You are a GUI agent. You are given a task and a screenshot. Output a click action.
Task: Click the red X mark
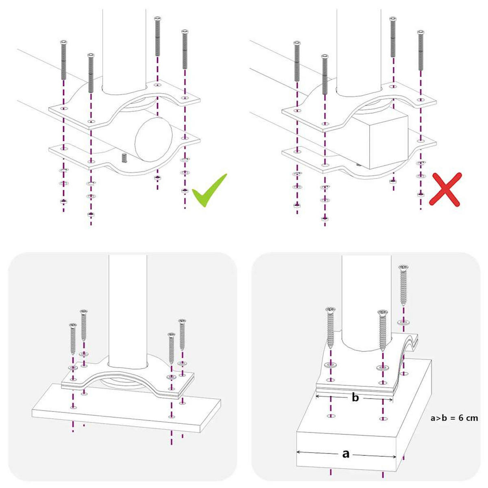447,189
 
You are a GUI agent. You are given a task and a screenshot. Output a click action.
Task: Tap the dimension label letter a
346,453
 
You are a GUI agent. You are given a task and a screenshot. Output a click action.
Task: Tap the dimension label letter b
355,397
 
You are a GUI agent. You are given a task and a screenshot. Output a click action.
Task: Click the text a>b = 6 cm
454,418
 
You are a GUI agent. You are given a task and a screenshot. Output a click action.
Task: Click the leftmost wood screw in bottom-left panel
73,340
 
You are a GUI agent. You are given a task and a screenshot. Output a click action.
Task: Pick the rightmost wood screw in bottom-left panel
182,335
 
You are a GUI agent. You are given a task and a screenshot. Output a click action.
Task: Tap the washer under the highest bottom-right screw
403,322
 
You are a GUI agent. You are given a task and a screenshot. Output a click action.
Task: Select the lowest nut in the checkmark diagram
91,214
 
